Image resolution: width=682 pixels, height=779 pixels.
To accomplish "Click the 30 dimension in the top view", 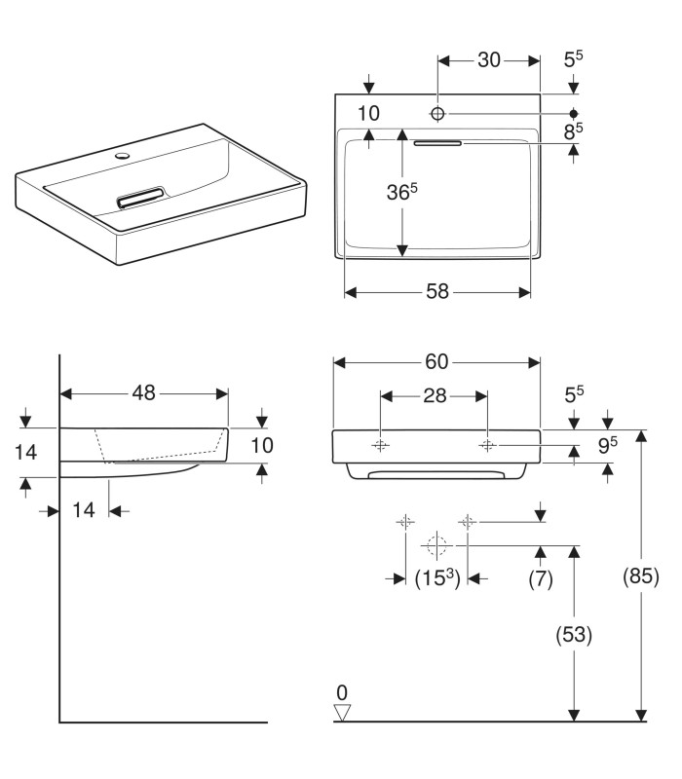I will point(488,60).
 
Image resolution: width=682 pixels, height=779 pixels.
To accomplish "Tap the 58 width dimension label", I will point(438,292).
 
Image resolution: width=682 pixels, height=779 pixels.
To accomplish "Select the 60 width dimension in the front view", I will point(436,362).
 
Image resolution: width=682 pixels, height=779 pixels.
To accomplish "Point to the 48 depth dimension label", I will point(144,393).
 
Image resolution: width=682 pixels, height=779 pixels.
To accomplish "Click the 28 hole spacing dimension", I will point(434,396).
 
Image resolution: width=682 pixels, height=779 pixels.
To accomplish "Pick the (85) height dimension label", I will point(641,576).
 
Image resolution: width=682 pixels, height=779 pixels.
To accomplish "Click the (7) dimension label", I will point(541,579).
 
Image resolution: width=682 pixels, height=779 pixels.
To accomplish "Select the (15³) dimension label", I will point(437,578).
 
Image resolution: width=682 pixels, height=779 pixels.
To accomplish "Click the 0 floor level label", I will point(342,692).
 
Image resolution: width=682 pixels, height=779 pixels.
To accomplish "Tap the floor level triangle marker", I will point(342,713).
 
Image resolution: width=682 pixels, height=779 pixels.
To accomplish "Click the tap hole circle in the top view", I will point(437,114).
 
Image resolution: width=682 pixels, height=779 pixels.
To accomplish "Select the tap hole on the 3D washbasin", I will point(122,155).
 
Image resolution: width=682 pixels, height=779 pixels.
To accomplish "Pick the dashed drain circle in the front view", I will point(437,545).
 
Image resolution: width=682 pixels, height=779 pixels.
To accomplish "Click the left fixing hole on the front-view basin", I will point(381,445).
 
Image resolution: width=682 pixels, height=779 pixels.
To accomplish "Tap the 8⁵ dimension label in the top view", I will point(573,129).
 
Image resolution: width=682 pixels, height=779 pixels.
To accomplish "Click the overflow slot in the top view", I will point(437,144).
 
